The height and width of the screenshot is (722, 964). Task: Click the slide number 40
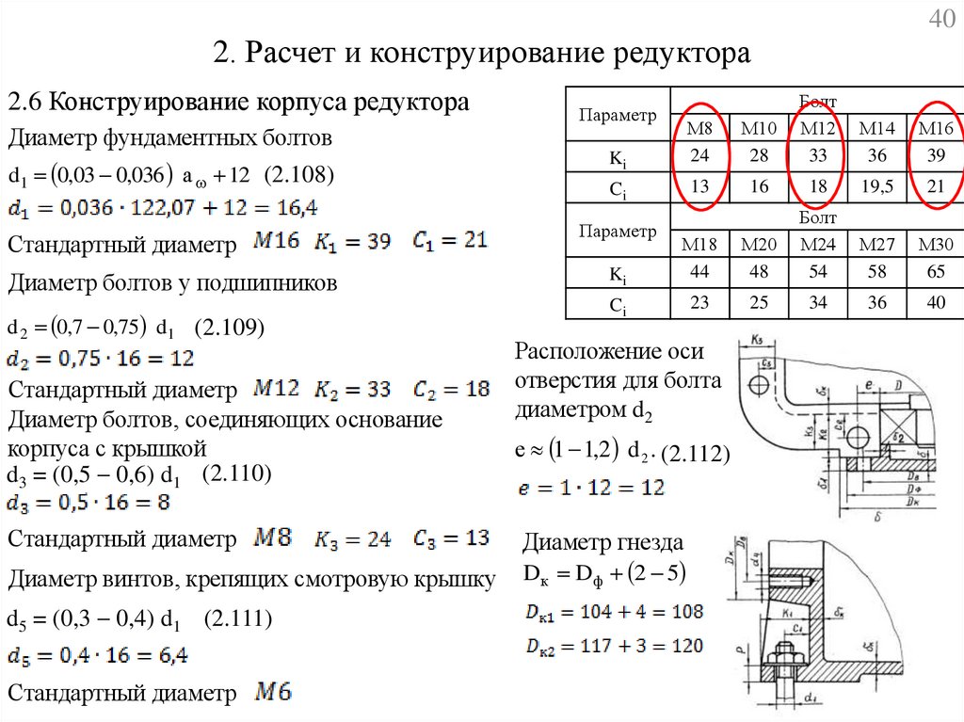pos(942,20)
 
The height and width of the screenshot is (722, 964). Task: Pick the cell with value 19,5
pos(877,187)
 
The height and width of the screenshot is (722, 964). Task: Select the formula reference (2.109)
pos(230,328)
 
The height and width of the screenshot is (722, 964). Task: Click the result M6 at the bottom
pos(273,693)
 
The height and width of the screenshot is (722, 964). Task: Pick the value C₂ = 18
pos(451,388)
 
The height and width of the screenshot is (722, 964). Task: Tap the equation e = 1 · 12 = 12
pos(591,488)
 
